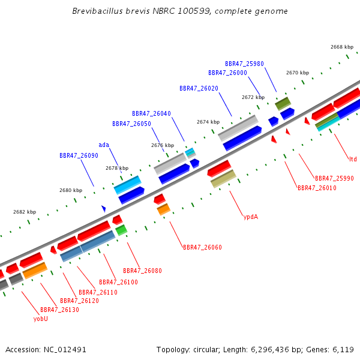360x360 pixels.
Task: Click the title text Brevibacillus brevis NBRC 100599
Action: pyautogui.click(x=142, y=11)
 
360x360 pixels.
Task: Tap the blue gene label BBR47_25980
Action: pyautogui.click(x=244, y=64)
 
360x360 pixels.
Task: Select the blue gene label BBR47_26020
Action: pyautogui.click(x=199, y=88)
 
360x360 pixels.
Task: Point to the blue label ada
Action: pyautogui.click(x=104, y=145)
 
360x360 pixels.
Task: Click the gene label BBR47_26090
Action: pyautogui.click(x=79, y=155)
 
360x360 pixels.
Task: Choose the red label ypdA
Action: pyautogui.click(x=251, y=217)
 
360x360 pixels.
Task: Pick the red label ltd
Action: pyautogui.click(x=353, y=159)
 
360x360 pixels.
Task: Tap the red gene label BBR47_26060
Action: pyautogui.click(x=203, y=247)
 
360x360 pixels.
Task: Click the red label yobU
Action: pyautogui.click(x=41, y=319)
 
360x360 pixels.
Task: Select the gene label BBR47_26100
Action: pyautogui.click(x=118, y=282)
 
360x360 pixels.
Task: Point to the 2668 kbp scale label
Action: pyautogui.click(x=342, y=47)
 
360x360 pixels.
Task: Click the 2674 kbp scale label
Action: pyautogui.click(x=208, y=122)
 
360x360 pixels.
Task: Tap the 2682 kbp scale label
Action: pyautogui.click(x=25, y=212)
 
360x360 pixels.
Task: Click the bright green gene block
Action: pyautogui.click(x=121, y=230)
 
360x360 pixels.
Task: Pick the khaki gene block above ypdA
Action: pyautogui.click(x=223, y=179)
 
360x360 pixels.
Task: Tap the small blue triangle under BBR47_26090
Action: pyautogui.click(x=104, y=209)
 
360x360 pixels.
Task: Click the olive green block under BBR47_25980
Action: pyautogui.click(x=283, y=104)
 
